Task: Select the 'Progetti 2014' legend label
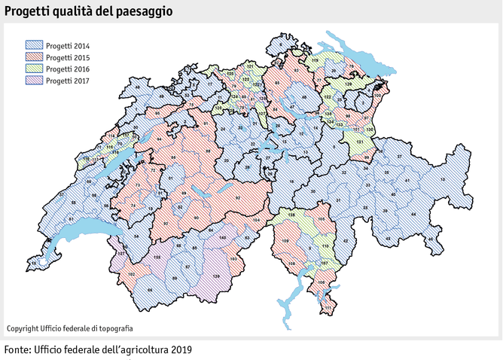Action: click(x=68, y=45)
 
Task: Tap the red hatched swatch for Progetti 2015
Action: click(x=34, y=57)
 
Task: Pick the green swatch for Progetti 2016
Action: click(x=34, y=69)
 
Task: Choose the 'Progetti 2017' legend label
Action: click(x=68, y=80)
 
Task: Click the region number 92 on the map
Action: click(x=237, y=197)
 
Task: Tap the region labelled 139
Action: click(x=216, y=278)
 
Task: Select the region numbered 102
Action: click(x=131, y=274)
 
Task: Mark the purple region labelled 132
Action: click(x=157, y=258)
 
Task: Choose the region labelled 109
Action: click(x=285, y=240)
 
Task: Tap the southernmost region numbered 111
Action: click(x=328, y=308)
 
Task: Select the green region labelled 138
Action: click(x=291, y=216)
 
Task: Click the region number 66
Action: click(x=149, y=290)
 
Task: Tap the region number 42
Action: click(x=345, y=239)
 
